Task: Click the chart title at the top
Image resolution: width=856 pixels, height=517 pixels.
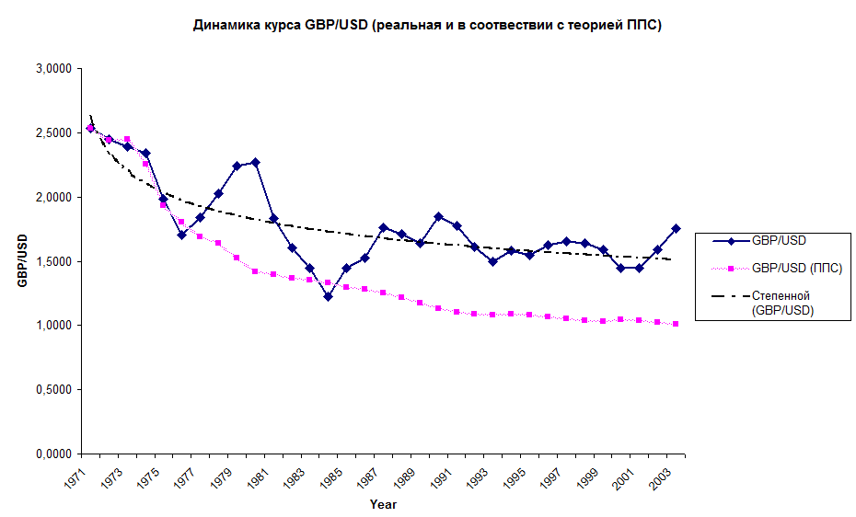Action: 427,26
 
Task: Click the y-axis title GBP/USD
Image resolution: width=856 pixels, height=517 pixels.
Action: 22,261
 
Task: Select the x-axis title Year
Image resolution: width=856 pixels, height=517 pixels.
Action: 383,504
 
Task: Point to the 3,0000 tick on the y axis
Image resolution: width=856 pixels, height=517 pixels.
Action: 54,69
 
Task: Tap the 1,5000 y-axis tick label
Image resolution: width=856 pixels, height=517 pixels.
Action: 54,261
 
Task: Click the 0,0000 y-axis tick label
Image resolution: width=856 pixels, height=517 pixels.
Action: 54,454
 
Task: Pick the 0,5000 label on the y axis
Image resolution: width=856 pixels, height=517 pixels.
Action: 54,390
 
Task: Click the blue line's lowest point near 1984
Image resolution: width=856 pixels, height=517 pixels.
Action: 328,296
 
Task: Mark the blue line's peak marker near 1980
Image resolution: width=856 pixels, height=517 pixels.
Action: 255,162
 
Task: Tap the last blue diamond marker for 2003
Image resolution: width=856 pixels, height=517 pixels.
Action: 676,228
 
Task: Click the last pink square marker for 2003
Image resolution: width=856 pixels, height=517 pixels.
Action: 676,324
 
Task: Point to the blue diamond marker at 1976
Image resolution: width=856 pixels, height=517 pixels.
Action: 182,235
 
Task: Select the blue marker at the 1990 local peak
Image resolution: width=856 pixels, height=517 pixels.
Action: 438,216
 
